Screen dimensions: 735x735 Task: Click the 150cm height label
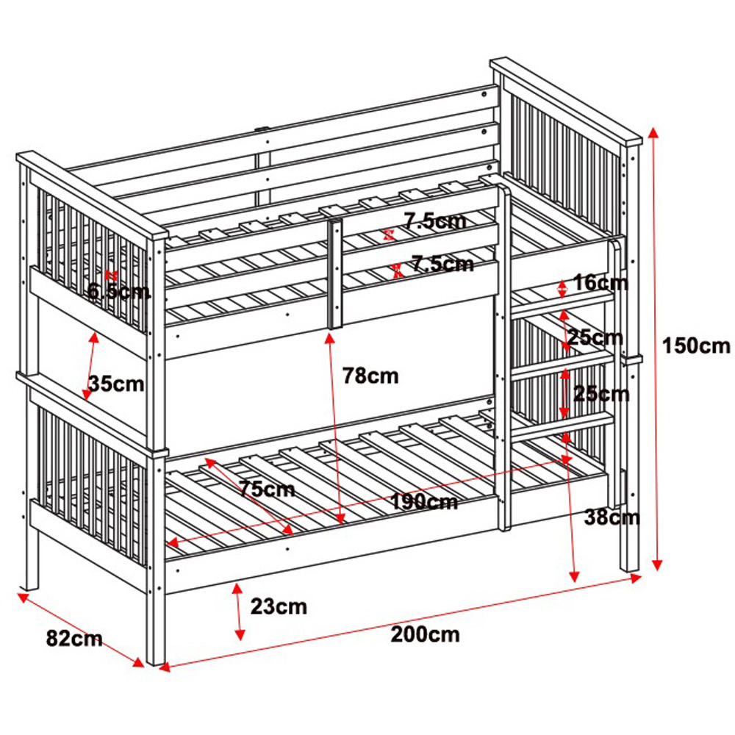pos(696,345)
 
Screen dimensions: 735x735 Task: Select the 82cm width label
pos(74,639)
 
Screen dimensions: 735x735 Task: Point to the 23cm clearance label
pos(279,607)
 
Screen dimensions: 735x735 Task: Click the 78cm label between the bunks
pos(370,376)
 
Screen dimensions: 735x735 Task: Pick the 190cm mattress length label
pos(424,502)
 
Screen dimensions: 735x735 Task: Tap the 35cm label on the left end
pos(116,383)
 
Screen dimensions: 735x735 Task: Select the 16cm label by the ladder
pos(601,282)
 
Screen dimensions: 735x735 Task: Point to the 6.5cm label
pos(119,292)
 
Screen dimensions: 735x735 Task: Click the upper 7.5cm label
pos(435,220)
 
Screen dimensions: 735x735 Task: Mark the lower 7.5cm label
pos(442,262)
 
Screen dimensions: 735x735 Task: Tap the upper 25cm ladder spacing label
pos(595,337)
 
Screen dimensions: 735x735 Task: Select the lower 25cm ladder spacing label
pos(601,394)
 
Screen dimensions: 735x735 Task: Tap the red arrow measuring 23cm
pos(238,612)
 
